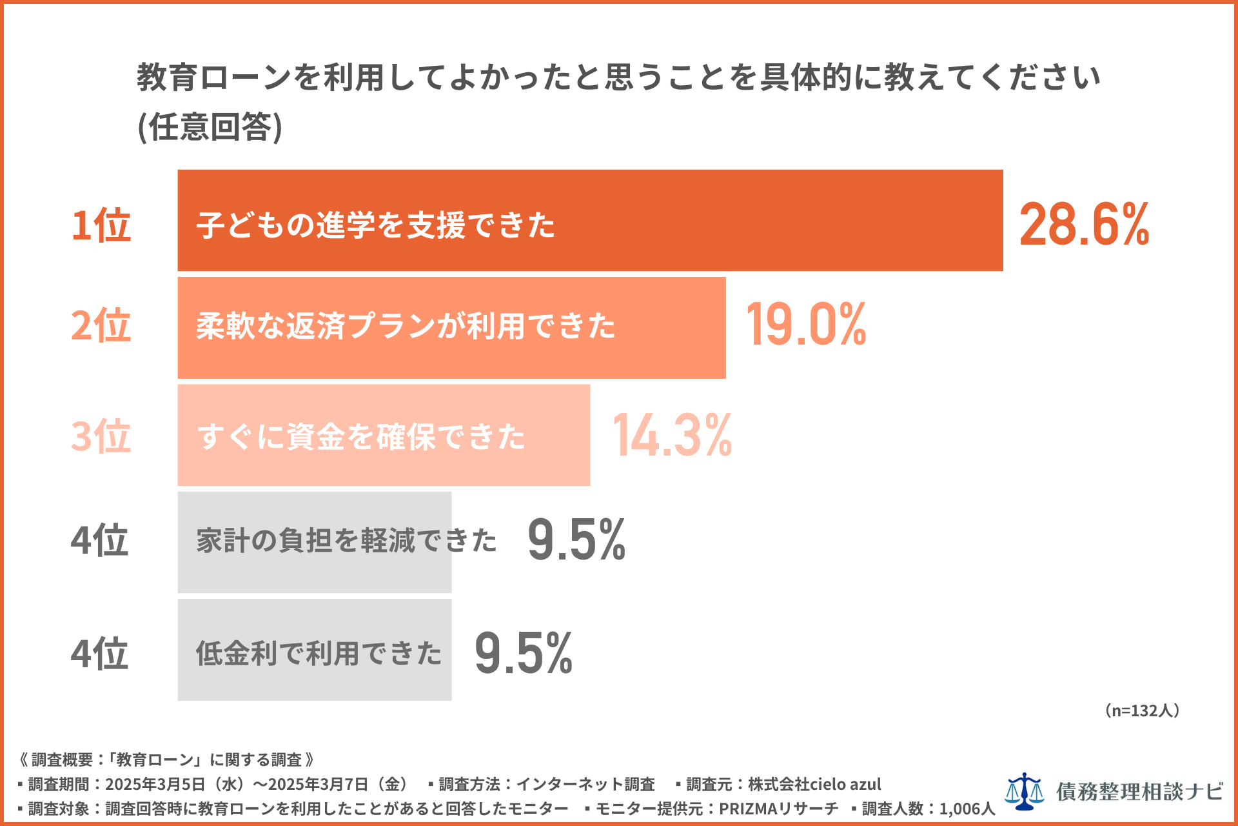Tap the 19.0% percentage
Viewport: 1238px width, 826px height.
pyautogui.click(x=806, y=325)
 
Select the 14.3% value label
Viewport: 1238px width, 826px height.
pyautogui.click(x=672, y=436)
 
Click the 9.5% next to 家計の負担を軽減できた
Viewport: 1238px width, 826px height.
pyautogui.click(x=576, y=539)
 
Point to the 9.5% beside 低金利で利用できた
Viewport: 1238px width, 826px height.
pyautogui.click(x=524, y=653)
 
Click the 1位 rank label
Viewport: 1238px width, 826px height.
pyautogui.click(x=101, y=225)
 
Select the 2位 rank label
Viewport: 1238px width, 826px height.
pyautogui.click(x=101, y=325)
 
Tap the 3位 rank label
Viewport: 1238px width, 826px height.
pyautogui.click(x=101, y=436)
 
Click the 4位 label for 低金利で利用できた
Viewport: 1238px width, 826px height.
pyautogui.click(x=100, y=653)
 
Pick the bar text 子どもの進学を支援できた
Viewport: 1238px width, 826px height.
pyautogui.click(x=376, y=225)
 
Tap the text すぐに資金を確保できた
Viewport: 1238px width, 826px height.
pyautogui.click(x=361, y=437)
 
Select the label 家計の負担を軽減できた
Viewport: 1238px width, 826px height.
pyautogui.click(x=346, y=540)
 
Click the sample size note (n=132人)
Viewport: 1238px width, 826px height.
pyautogui.click(x=1142, y=710)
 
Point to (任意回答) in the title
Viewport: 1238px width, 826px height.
pyautogui.click(x=210, y=126)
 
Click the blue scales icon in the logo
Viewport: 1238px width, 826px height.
pyautogui.click(x=1024, y=791)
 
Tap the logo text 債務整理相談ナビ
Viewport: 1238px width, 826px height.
pyautogui.click(x=1139, y=792)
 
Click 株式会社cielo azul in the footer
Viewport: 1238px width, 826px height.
pyautogui.click(x=814, y=784)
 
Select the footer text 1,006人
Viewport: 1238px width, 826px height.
pyautogui.click(x=967, y=809)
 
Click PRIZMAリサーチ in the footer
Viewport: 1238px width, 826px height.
pyautogui.click(x=778, y=809)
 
